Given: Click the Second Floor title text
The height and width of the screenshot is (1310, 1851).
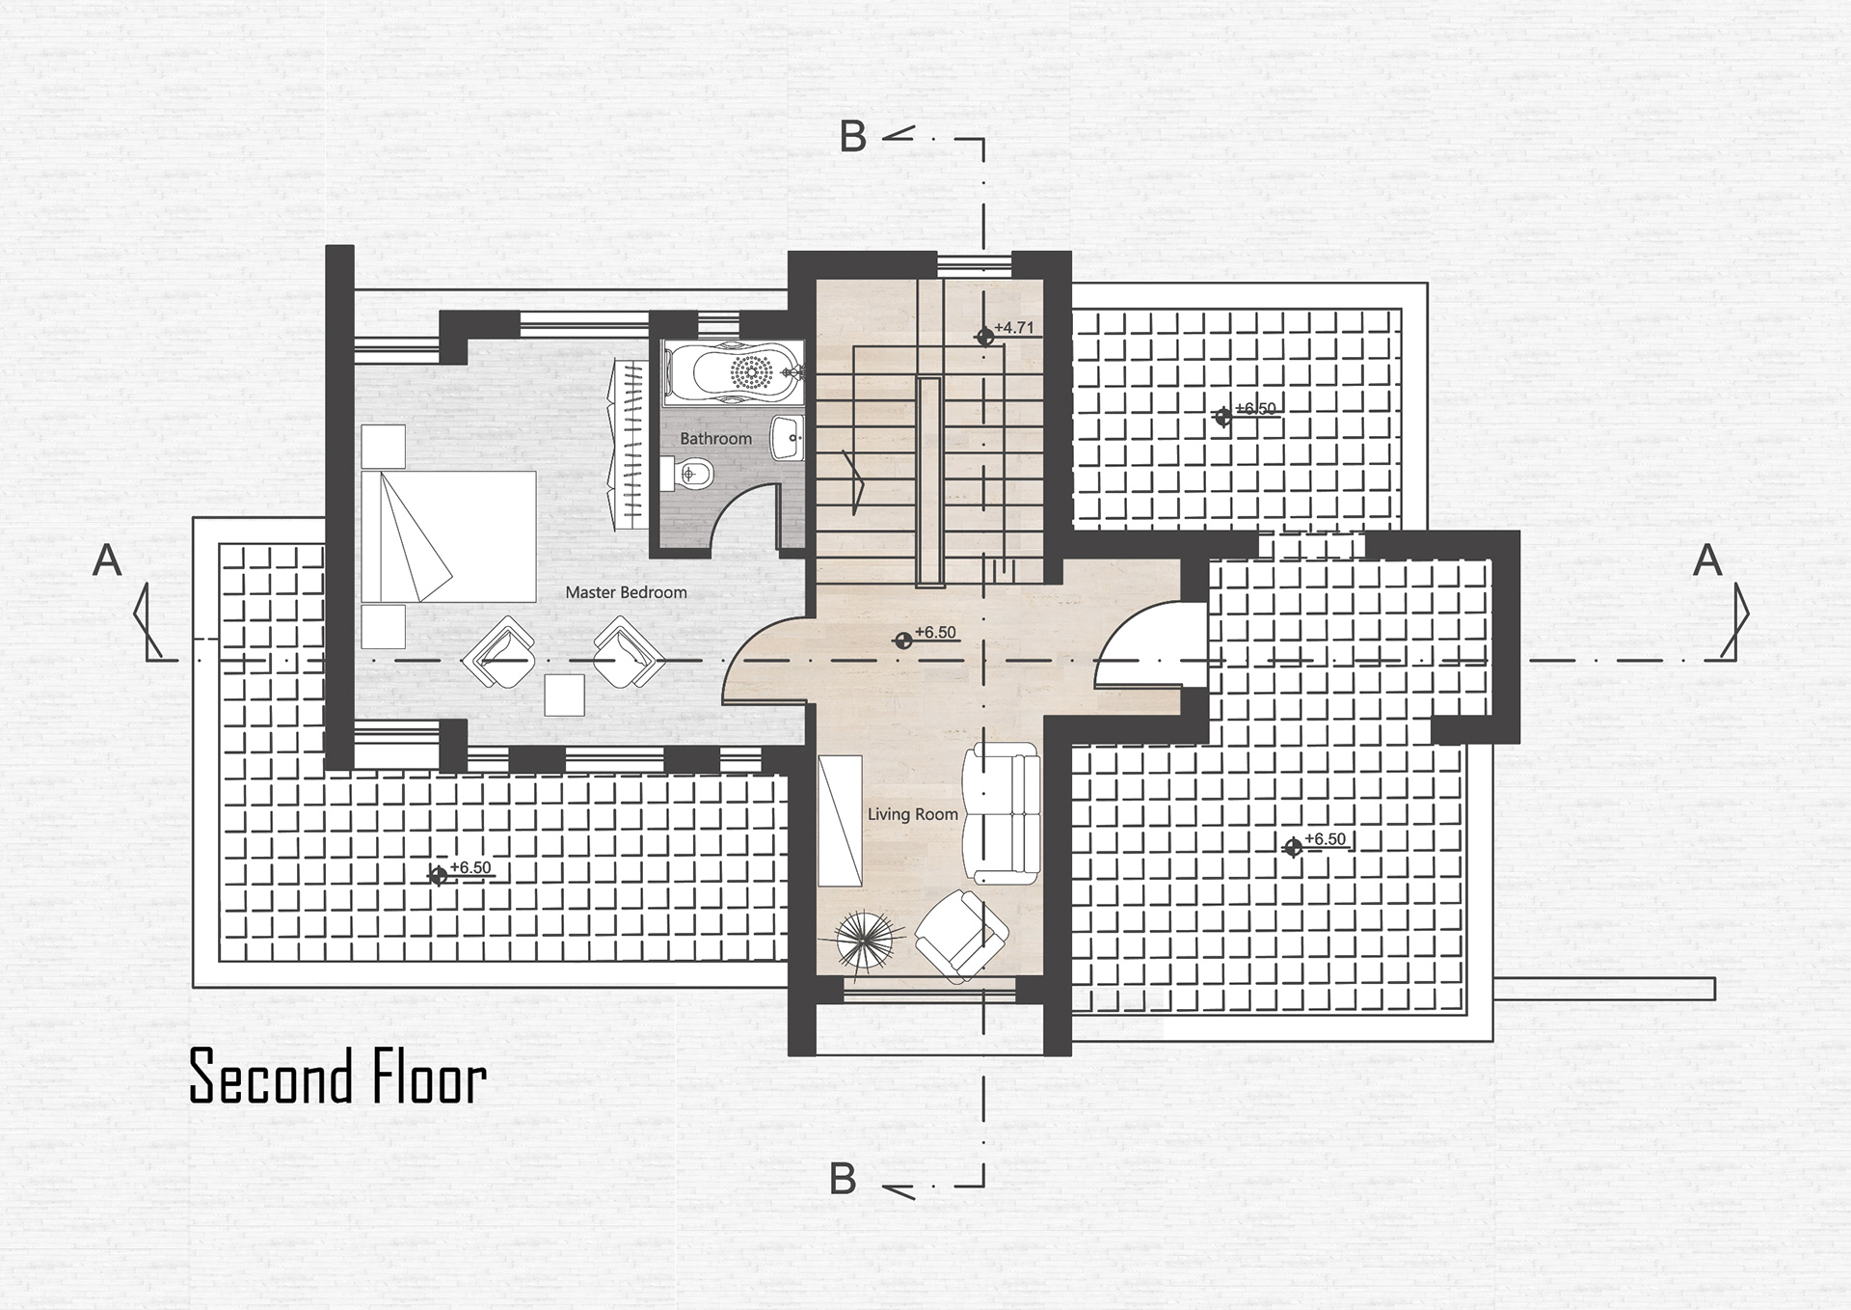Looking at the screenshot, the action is tap(337, 1077).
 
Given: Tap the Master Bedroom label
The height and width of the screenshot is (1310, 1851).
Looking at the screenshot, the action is tap(626, 592).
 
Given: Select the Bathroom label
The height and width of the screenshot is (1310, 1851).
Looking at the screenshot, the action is tap(715, 439).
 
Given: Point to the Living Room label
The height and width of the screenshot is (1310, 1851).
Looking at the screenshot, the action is tap(912, 814).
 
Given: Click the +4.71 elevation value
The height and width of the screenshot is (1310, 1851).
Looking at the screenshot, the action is tap(1013, 327).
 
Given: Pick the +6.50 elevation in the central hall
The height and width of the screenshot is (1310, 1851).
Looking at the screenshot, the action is tap(935, 632).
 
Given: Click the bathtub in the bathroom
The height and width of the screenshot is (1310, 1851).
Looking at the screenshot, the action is tap(734, 371).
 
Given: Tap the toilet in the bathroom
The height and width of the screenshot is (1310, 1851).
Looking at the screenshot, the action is tap(687, 473).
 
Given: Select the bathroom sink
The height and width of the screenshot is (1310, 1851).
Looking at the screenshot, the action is tap(789, 439).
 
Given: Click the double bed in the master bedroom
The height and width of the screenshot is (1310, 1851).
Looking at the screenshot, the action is tap(448, 536).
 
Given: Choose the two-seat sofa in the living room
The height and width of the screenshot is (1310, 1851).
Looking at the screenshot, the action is tap(1004, 814).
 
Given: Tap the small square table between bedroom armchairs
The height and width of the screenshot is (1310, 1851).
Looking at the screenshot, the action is tap(564, 695).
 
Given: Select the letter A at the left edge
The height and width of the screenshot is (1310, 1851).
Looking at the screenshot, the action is tap(107, 560).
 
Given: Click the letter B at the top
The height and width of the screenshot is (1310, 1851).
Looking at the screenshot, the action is tap(852, 137).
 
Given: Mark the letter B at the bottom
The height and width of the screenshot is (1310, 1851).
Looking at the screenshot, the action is tap(843, 1179).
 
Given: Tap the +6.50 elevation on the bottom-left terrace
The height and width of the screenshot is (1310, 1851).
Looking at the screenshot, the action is tap(470, 867).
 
